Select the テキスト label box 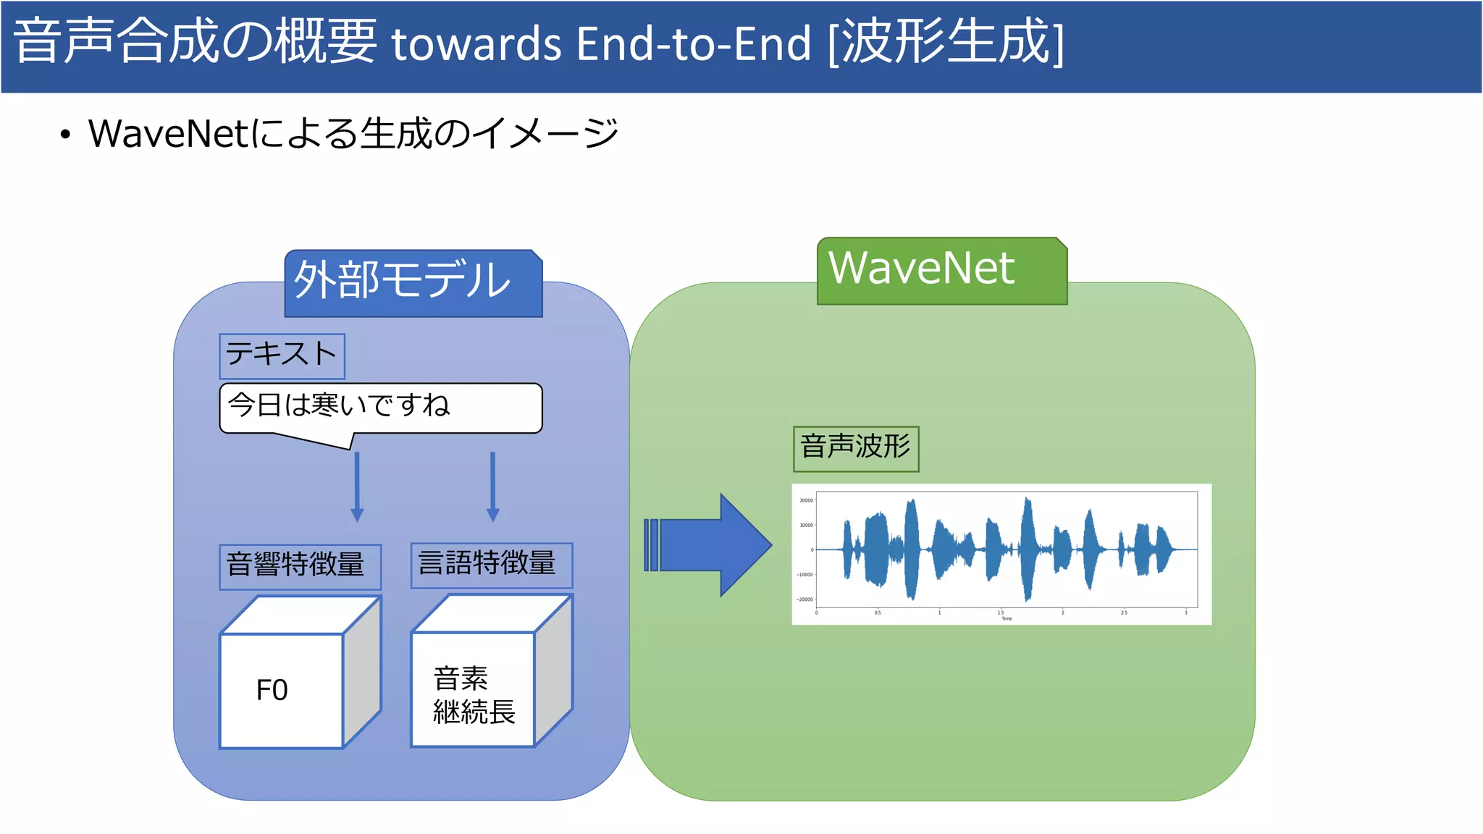click(x=282, y=355)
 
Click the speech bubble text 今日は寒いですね click(x=339, y=405)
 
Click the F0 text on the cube click(x=272, y=690)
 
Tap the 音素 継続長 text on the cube click(x=473, y=695)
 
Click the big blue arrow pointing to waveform click(x=713, y=545)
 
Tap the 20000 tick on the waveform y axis click(x=806, y=500)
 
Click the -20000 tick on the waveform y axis click(x=804, y=599)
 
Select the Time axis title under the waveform click(x=1007, y=619)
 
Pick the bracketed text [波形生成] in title click(x=945, y=42)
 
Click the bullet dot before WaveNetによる click(x=65, y=135)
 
